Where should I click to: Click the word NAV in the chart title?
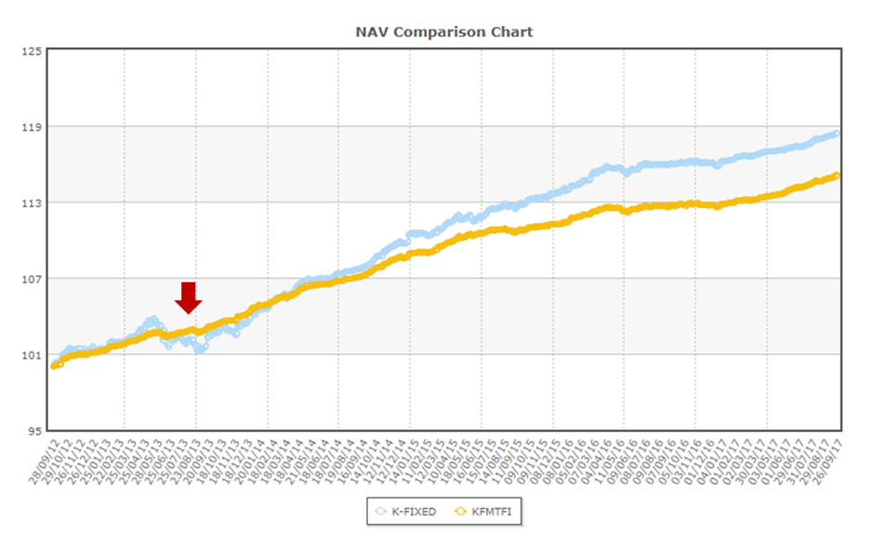coord(370,32)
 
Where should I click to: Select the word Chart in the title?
coord(514,32)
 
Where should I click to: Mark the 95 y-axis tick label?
coord(33,431)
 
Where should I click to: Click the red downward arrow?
coord(189,297)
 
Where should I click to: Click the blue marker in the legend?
coord(380,511)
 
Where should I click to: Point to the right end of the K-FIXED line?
coord(838,133)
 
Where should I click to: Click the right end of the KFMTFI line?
coord(838,175)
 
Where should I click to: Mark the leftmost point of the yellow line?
coord(54,366)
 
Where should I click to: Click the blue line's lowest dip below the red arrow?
coord(199,350)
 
